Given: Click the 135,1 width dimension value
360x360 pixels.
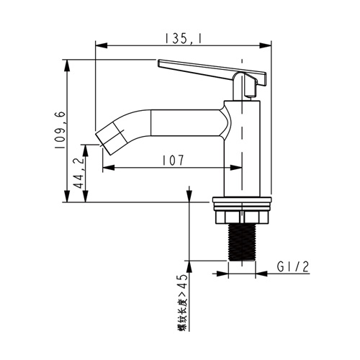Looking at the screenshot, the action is [x=183, y=38].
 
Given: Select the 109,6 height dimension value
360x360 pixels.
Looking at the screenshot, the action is [x=60, y=130].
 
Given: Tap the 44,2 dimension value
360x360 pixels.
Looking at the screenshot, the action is [x=79, y=172].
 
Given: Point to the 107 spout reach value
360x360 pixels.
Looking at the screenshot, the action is [x=173, y=161].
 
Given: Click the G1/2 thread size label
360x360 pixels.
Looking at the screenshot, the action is [x=293, y=266].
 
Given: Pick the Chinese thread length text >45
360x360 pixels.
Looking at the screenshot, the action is [x=182, y=303].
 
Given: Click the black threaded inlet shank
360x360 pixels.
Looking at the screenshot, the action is [x=242, y=242].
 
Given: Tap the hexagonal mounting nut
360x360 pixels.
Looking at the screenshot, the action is [x=242, y=217].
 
